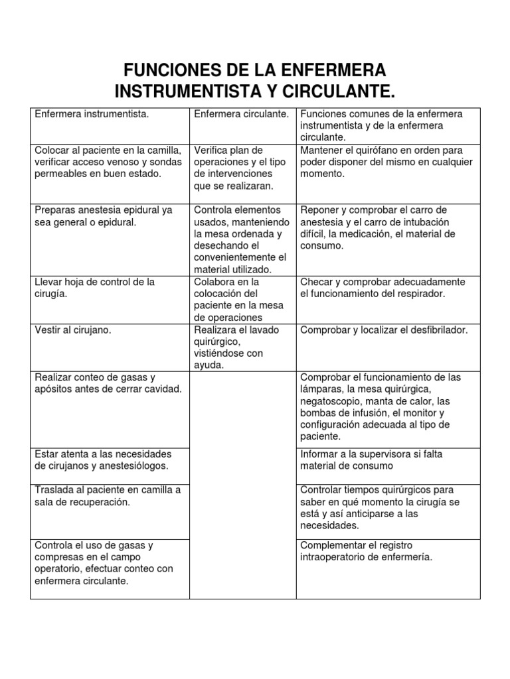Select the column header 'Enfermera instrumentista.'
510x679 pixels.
tap(92, 114)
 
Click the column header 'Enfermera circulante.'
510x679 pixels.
tap(241, 114)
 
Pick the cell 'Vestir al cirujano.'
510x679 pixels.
tap(73, 330)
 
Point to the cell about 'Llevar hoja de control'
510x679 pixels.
tap(94, 288)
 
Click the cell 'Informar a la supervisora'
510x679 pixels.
tap(379, 460)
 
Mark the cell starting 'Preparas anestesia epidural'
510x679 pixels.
tap(104, 216)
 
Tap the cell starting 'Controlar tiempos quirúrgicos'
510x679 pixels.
tap(380, 508)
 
